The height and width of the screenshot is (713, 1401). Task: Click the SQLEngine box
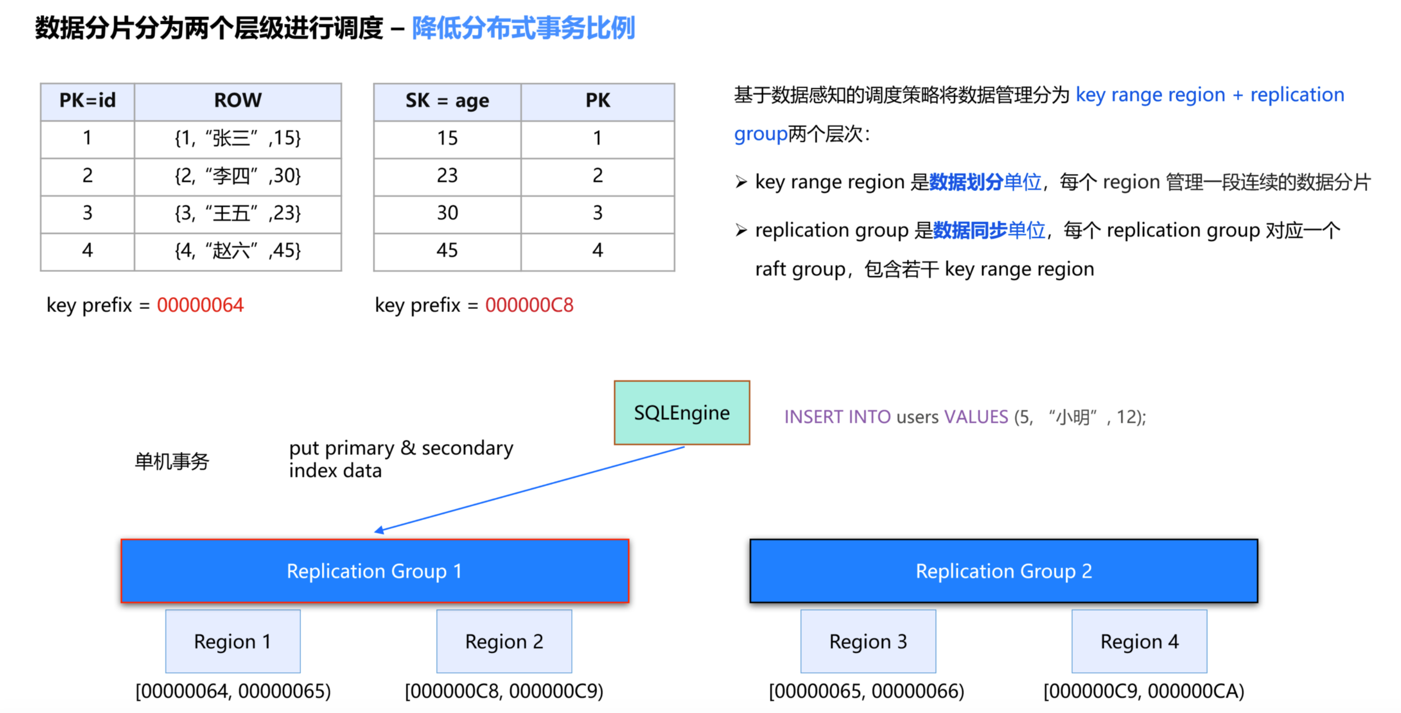[681, 413]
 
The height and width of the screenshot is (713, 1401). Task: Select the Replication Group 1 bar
[375, 571]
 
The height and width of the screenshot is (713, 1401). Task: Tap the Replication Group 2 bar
[1003, 571]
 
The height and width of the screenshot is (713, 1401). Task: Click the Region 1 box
[233, 641]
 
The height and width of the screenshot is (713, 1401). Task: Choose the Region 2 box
[504, 641]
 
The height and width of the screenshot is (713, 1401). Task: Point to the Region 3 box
[868, 641]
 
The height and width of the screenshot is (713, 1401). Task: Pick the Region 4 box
[1139, 641]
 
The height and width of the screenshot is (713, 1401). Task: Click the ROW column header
[238, 101]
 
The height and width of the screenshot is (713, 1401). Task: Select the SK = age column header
[447, 101]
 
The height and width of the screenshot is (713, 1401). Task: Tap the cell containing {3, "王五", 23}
[238, 213]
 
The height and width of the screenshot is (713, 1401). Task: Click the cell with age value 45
[447, 250]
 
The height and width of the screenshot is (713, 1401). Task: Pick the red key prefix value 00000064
[200, 305]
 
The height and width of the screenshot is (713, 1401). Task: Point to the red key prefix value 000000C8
[529, 305]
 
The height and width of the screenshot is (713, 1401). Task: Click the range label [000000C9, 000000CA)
[1143, 691]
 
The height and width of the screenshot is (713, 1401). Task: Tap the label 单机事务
[172, 461]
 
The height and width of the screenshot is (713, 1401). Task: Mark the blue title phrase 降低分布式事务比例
[523, 28]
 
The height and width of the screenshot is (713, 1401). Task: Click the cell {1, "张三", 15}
[238, 138]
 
